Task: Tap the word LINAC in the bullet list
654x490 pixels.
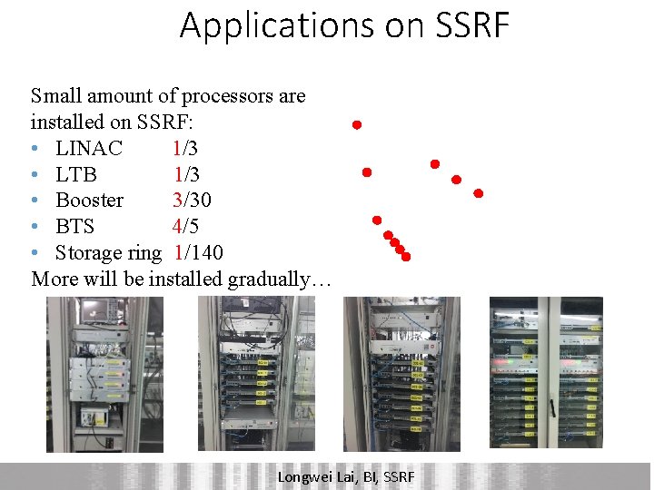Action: click(89, 148)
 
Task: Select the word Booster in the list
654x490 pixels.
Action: click(90, 200)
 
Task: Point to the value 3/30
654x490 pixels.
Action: click(192, 200)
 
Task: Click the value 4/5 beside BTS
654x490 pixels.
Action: click(186, 226)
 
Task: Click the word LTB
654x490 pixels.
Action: click(76, 174)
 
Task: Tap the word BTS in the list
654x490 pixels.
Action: click(74, 226)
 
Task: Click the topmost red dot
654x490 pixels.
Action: click(357, 124)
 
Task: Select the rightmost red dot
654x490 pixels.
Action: click(478, 193)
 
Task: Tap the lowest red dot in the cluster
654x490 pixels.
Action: click(406, 257)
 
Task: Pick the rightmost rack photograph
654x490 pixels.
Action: click(546, 373)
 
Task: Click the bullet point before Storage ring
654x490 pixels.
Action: click(34, 253)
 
